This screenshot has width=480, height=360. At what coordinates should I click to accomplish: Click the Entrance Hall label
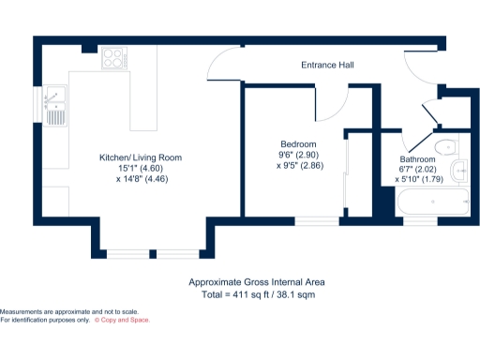pyautogui.click(x=326, y=66)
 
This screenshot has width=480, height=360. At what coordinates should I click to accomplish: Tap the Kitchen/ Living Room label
pyautogui.click(x=141, y=157)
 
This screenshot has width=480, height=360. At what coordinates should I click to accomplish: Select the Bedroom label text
pyautogui.click(x=298, y=143)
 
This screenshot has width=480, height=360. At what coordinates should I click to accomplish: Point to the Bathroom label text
pyautogui.click(x=417, y=160)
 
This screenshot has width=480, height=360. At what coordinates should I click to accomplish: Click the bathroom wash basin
pyautogui.click(x=458, y=170)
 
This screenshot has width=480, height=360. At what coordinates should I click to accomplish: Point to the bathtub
pyautogui.click(x=433, y=201)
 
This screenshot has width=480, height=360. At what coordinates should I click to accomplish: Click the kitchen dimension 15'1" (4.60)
pyautogui.click(x=141, y=168)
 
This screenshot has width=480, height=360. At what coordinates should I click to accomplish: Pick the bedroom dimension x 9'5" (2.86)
pyautogui.click(x=300, y=165)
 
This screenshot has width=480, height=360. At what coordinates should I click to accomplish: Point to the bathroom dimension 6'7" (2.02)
pyautogui.click(x=417, y=170)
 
